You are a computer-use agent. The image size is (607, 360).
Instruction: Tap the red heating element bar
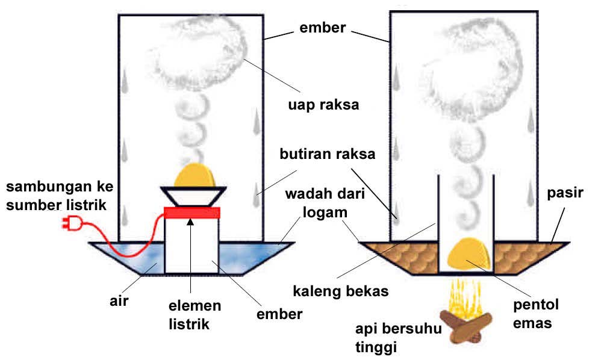[191, 213]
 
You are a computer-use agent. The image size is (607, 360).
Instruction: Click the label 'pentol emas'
[535, 314]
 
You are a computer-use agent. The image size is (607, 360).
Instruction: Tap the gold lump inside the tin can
[468, 253]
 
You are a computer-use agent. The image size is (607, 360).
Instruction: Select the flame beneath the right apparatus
[464, 294]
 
